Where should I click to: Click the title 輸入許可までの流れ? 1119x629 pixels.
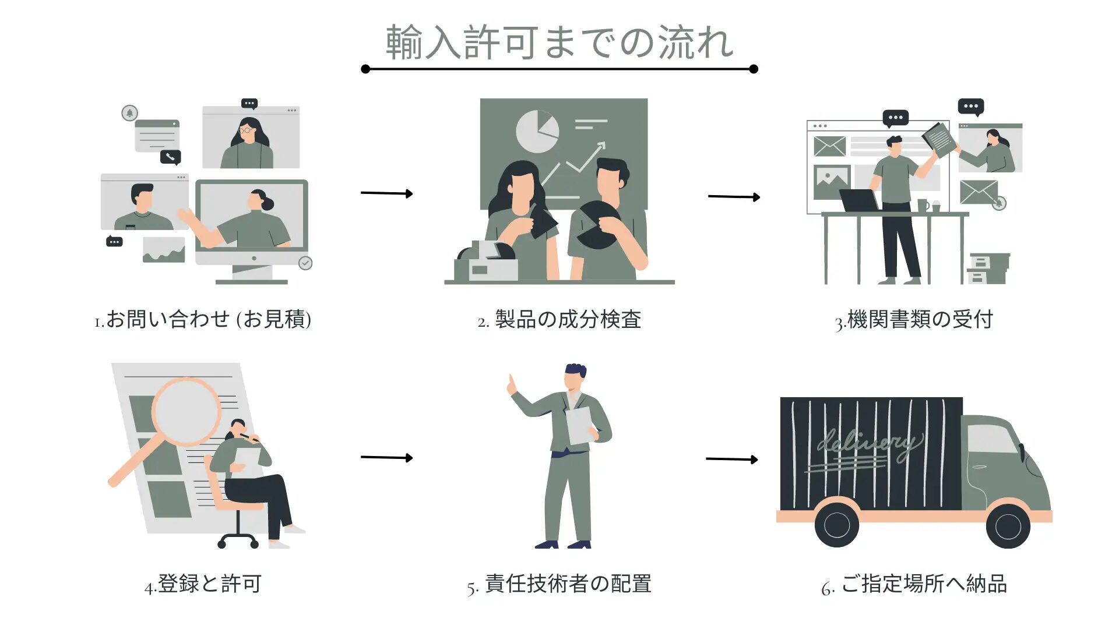[559, 43]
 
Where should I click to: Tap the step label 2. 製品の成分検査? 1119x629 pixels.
[559, 319]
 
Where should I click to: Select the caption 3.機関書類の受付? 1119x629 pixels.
[914, 319]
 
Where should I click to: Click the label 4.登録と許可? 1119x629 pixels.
[203, 584]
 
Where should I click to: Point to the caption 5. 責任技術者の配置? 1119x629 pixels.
[559, 584]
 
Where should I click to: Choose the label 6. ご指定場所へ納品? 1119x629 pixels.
[914, 584]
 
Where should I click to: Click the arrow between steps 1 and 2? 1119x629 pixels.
[386, 193]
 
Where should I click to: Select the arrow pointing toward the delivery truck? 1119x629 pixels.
[731, 459]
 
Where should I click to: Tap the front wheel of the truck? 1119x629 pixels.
[1008, 526]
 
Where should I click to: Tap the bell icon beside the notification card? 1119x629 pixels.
[129, 112]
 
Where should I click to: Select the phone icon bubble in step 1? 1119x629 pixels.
[171, 157]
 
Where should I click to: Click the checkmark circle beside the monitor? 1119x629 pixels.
[305, 263]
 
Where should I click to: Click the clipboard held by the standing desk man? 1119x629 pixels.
[939, 140]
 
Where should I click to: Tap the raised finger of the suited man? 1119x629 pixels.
[512, 383]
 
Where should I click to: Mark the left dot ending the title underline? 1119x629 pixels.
[365, 69]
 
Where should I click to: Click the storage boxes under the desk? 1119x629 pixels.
[988, 268]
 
